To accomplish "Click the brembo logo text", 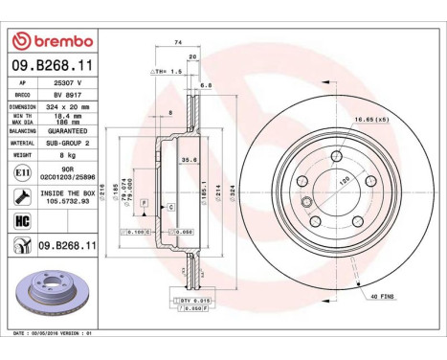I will pyautogui.click(x=56, y=41).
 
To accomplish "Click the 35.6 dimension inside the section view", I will pyautogui.click(x=190, y=161).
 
